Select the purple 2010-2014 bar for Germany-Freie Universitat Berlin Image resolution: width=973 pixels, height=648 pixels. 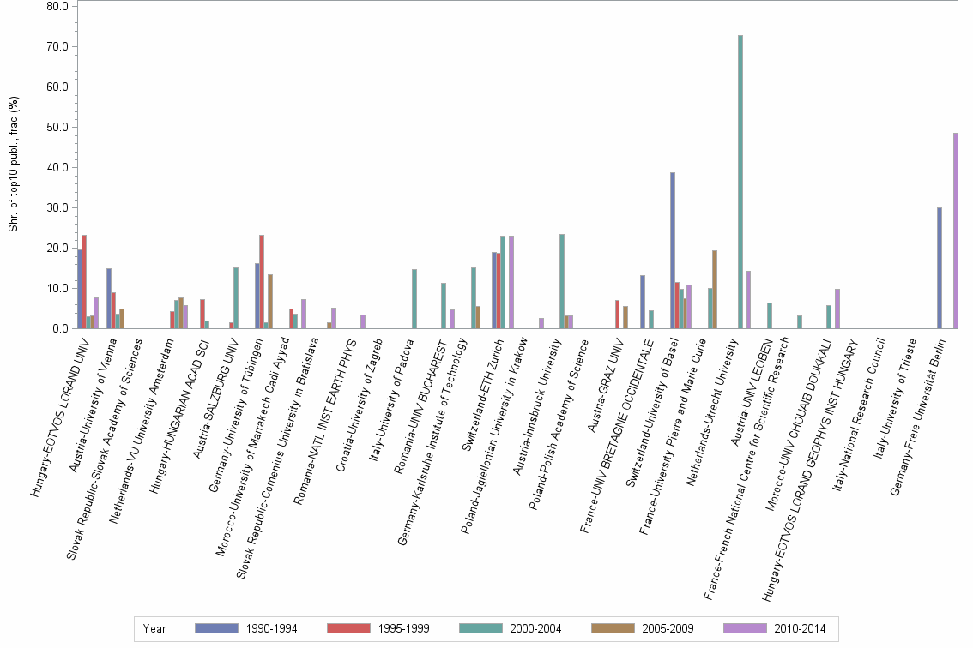955,231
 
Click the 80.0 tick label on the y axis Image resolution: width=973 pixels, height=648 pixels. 57,6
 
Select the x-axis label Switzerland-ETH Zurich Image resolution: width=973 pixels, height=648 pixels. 480,386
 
